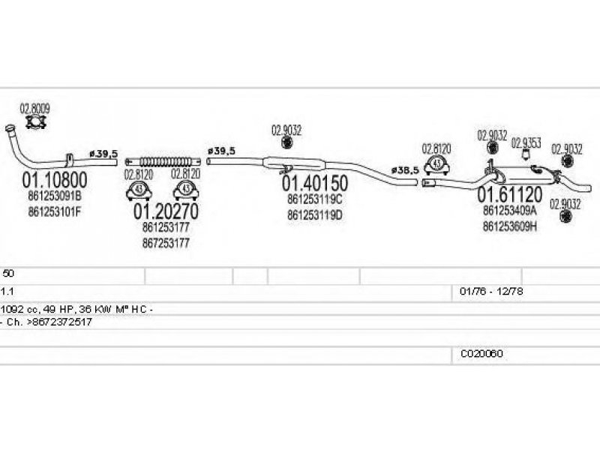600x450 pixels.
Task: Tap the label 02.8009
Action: [x=34, y=109]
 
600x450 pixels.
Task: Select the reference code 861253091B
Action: [x=55, y=197]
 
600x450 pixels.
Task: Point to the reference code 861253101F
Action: [x=55, y=211]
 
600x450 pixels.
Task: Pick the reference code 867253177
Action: [x=165, y=243]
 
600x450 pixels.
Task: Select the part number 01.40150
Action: [x=314, y=184]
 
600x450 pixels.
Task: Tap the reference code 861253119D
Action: [x=314, y=214]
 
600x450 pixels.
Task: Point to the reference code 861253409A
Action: [x=510, y=211]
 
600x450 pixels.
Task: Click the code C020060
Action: [x=481, y=353]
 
